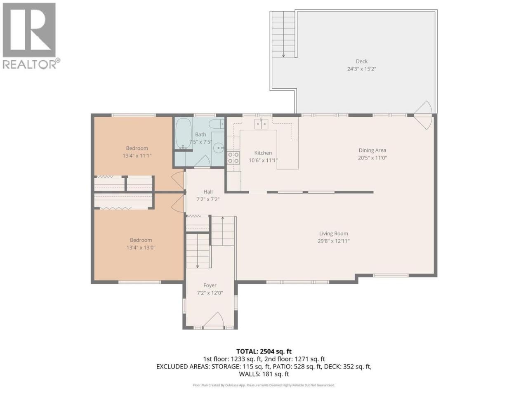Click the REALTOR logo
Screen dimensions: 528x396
(x=31, y=36)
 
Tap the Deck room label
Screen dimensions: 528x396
(x=361, y=61)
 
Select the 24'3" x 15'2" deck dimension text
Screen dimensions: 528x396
(x=361, y=69)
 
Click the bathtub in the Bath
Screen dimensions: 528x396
(x=183, y=133)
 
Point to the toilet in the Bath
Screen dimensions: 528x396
(x=216, y=124)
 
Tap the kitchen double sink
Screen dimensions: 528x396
(x=261, y=124)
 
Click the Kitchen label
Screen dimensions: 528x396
(x=263, y=153)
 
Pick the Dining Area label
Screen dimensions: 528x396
(x=372, y=151)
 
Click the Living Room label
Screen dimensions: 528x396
(x=333, y=233)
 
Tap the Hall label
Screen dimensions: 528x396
(x=208, y=192)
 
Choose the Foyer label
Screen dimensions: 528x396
(x=210, y=285)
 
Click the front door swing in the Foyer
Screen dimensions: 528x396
(x=213, y=319)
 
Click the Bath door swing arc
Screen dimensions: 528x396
(x=202, y=161)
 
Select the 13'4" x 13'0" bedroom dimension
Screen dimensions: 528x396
(x=141, y=247)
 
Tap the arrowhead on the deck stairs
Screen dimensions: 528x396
(x=283, y=56)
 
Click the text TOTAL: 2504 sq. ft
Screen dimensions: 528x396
(x=264, y=351)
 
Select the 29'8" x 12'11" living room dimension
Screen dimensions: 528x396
(x=333, y=241)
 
